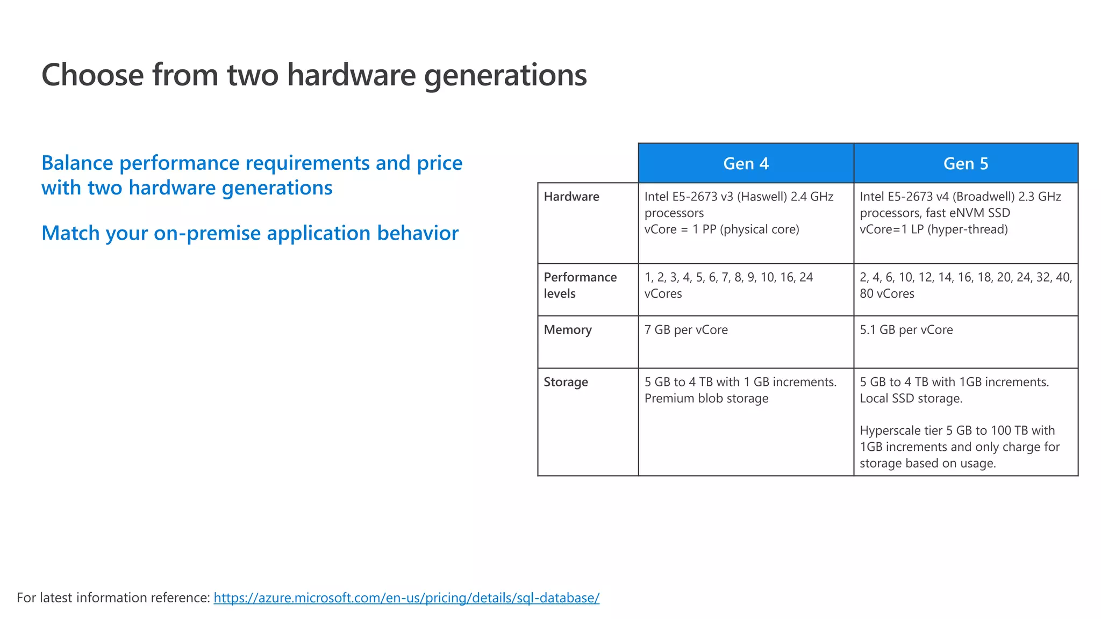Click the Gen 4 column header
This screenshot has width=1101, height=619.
point(746,163)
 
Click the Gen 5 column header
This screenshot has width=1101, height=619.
point(966,163)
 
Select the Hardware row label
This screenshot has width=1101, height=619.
point(571,197)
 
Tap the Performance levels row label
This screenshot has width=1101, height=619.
point(580,285)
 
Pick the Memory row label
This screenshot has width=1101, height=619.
point(568,330)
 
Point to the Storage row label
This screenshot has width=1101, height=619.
point(566,382)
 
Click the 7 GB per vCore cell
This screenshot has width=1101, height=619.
point(686,330)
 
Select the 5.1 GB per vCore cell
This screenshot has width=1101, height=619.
point(906,330)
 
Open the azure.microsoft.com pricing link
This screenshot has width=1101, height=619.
point(406,598)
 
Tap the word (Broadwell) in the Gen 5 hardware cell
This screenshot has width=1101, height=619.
point(983,197)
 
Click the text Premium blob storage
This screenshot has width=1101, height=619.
point(706,399)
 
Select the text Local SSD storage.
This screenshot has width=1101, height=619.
point(911,399)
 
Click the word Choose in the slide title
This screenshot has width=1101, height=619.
point(92,75)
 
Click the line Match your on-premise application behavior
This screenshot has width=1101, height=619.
point(250,233)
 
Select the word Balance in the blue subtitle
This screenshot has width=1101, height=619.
point(77,163)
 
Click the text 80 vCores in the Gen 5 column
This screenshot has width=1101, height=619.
point(887,294)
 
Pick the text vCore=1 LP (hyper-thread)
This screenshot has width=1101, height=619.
point(933,229)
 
